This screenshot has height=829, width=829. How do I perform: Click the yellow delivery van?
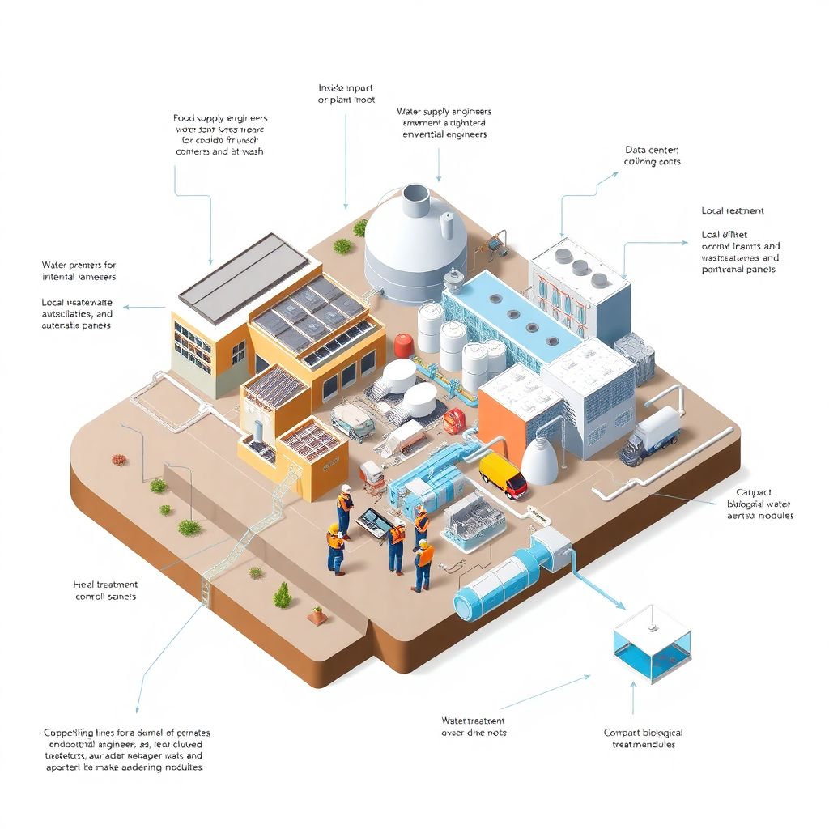pyautogui.click(x=503, y=474)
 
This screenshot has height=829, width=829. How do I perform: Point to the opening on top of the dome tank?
pyautogui.click(x=416, y=193)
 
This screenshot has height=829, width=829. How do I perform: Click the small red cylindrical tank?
pyautogui.click(x=403, y=346)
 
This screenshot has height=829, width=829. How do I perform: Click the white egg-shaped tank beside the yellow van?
pyautogui.click(x=539, y=462)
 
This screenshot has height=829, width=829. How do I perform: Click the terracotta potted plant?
pyautogui.click(x=317, y=616)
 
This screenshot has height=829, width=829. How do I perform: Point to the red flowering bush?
pyautogui.click(x=120, y=460)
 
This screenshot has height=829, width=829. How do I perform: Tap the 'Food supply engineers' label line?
pyautogui.click(x=220, y=118)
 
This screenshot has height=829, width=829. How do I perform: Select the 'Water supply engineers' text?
pyautogui.click(x=444, y=112)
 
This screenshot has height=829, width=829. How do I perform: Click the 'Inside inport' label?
pyautogui.click(x=346, y=87)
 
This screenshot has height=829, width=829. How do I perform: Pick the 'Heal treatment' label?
pyautogui.click(x=105, y=584)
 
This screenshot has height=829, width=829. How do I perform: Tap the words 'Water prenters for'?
pyautogui.click(x=79, y=265)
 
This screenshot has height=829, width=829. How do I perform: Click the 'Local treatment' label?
pyautogui.click(x=732, y=210)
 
